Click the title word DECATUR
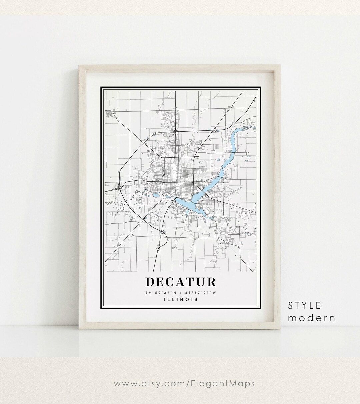click(x=181, y=282)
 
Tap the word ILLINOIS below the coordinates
click(x=181, y=299)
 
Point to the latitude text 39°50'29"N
click(x=160, y=293)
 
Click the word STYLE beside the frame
click(x=305, y=306)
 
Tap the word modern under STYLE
click(x=311, y=318)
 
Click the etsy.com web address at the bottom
click(x=184, y=384)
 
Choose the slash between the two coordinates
click(x=181, y=293)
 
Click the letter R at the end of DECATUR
click(x=211, y=282)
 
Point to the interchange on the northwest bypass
click(x=144, y=142)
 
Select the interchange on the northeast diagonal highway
click(x=216, y=129)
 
